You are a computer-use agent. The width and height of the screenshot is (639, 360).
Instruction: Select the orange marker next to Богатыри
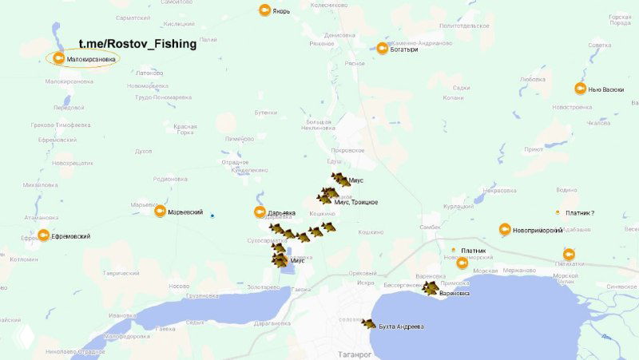click(x=383, y=49)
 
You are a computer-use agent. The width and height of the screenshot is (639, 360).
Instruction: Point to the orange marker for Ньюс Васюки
click(x=581, y=89)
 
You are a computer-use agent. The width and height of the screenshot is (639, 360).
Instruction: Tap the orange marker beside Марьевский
click(x=159, y=212)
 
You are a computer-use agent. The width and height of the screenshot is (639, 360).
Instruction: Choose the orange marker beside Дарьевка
click(x=260, y=212)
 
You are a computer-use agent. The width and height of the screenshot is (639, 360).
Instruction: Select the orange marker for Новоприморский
click(x=505, y=229)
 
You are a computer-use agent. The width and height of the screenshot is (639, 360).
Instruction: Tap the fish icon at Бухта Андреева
click(x=368, y=324)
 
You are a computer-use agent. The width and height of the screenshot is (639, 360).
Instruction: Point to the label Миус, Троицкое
click(x=356, y=202)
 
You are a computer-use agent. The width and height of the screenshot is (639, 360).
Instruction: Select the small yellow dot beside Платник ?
click(x=558, y=212)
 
